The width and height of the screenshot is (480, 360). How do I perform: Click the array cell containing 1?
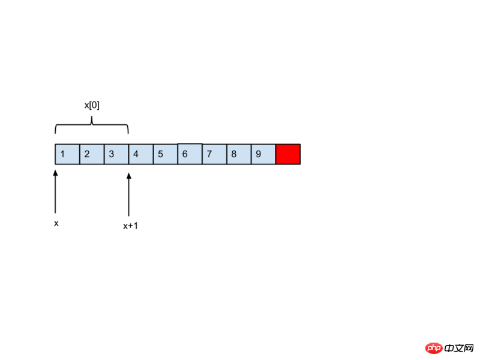pyautogui.click(x=67, y=154)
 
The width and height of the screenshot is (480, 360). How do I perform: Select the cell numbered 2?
pyautogui.click(x=92, y=154)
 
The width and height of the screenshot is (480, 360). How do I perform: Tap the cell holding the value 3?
pyautogui.click(x=116, y=154)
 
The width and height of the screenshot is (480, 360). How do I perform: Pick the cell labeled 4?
pyautogui.click(x=141, y=154)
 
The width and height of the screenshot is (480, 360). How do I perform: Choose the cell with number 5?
pyautogui.click(x=166, y=154)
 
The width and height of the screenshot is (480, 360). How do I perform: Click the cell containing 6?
pyautogui.click(x=190, y=154)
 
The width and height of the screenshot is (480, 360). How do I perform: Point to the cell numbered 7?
pyautogui.click(x=215, y=154)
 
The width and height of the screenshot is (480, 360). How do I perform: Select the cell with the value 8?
pyautogui.click(x=239, y=154)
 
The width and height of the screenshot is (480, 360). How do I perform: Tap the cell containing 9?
pyautogui.click(x=263, y=154)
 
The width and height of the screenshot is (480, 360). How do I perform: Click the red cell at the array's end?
pyautogui.click(x=288, y=154)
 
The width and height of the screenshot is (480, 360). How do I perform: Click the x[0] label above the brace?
pyautogui.click(x=92, y=106)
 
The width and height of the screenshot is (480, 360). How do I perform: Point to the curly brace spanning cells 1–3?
pyautogui.click(x=92, y=124)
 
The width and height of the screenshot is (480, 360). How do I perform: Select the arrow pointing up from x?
pyautogui.click(x=55, y=191)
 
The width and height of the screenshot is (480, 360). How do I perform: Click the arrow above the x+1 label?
pyautogui.click(x=129, y=194)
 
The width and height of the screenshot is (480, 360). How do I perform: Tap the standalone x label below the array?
pyautogui.click(x=56, y=224)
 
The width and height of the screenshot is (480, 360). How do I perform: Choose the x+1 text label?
pyautogui.click(x=130, y=226)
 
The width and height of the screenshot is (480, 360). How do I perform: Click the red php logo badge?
pyautogui.click(x=434, y=348)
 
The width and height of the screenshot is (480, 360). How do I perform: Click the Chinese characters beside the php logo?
pyautogui.click(x=459, y=349)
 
